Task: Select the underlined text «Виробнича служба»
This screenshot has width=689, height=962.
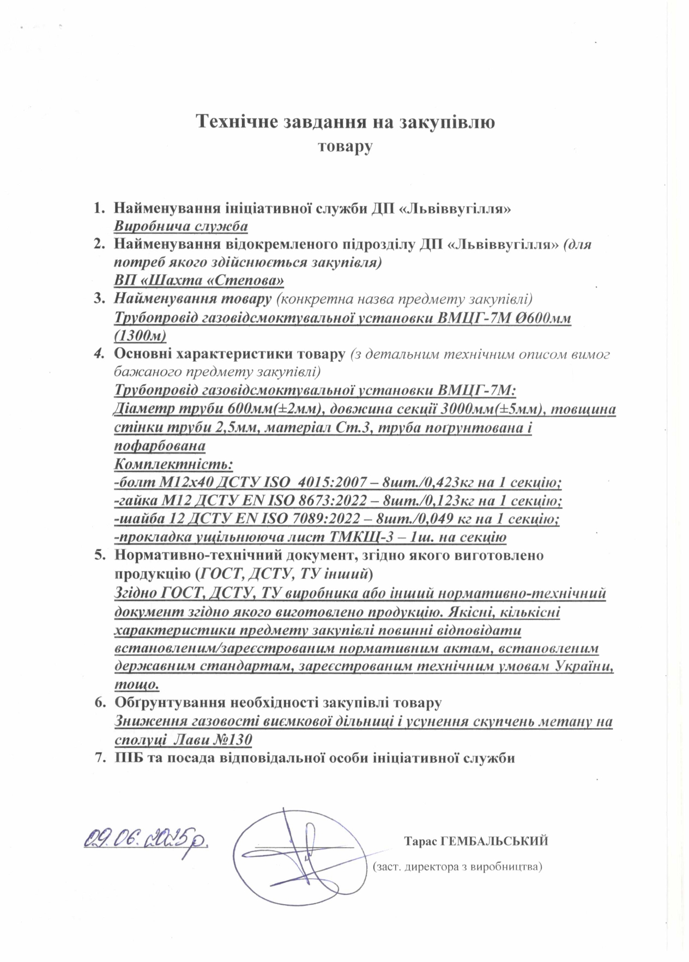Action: tap(181, 226)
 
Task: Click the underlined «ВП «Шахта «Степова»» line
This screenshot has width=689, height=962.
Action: tap(200, 281)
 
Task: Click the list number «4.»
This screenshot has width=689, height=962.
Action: tap(99, 354)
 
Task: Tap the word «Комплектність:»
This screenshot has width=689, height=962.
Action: tap(174, 464)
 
